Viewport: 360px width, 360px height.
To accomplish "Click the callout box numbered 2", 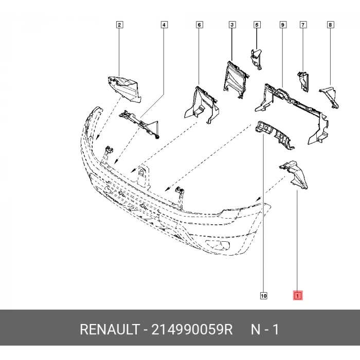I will (x=119, y=25).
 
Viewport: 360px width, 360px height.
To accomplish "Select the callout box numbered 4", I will (x=164, y=25).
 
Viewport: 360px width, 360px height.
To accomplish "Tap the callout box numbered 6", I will (x=199, y=25).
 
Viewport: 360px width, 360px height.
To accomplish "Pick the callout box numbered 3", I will (x=232, y=25).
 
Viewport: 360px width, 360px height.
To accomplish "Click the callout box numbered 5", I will (x=257, y=25).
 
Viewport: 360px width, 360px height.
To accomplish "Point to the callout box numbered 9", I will (x=282, y=25).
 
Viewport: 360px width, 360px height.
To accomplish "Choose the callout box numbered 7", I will (x=303, y=25).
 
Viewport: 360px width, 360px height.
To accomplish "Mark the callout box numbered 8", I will (x=330, y=25).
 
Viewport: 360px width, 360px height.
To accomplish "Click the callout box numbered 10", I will (x=263, y=296).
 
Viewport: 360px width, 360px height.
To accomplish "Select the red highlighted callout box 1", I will (x=298, y=296).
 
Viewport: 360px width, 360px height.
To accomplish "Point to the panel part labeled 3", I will (x=235, y=78).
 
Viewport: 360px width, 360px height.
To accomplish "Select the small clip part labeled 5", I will (x=256, y=57).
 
